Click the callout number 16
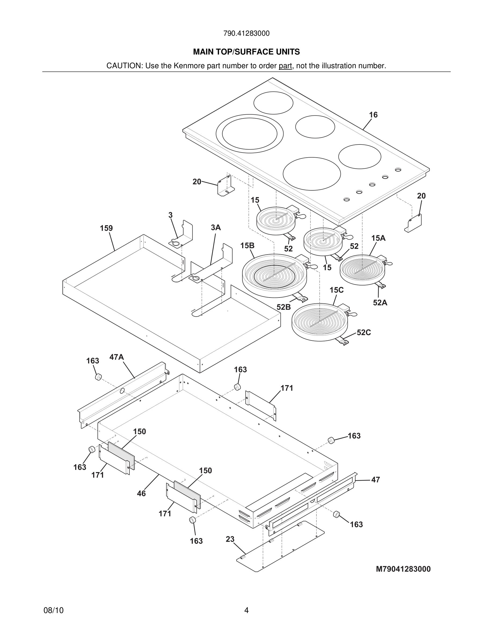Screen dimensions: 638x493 [x=373, y=115]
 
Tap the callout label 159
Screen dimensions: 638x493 [x=106, y=228]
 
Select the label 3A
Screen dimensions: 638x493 [x=216, y=227]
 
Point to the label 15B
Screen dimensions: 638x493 [x=247, y=246]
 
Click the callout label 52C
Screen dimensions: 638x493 [x=364, y=332]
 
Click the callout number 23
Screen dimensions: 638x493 [x=230, y=539]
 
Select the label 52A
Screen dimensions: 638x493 [x=380, y=303]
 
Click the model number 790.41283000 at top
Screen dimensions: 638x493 [x=246, y=33]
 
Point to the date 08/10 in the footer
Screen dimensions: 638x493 [x=53, y=610]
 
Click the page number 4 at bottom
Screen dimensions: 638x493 [x=246, y=610]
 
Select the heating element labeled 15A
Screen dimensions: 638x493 [x=362, y=269]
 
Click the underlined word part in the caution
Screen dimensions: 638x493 [x=285, y=66]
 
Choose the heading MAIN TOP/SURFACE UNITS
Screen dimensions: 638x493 [x=246, y=52]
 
